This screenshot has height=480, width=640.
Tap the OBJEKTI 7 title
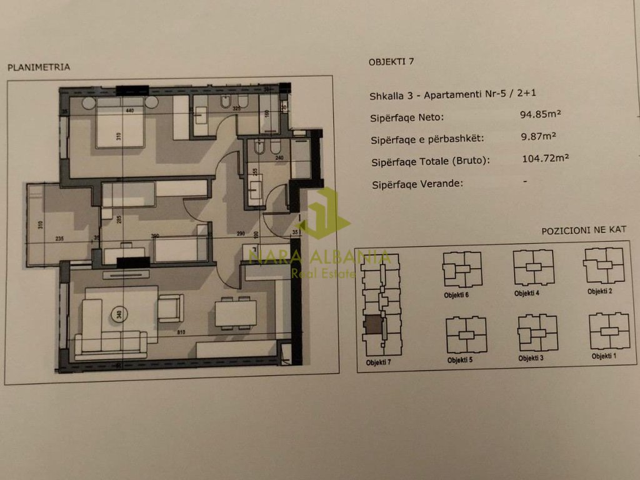(391, 61)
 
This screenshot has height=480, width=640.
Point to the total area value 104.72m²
(545, 159)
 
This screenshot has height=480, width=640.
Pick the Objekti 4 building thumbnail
(534, 267)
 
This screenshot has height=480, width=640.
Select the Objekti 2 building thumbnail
(604, 265)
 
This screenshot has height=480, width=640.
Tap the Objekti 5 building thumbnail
(466, 335)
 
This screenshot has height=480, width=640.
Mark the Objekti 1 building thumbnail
(609, 331)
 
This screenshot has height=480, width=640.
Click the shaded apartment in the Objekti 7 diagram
(372, 326)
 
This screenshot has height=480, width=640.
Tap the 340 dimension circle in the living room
(117, 315)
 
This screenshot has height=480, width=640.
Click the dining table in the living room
(236, 312)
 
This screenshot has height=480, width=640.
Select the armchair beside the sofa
(171, 308)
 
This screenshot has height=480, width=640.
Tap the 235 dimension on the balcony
(60, 237)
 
